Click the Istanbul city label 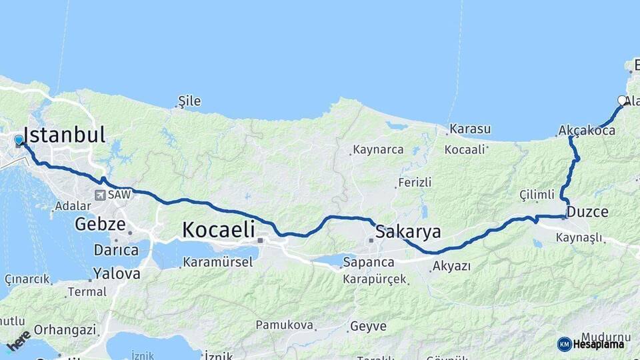(65, 135)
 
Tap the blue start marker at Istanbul (19, 141)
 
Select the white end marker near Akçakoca (622, 101)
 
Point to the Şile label (189, 101)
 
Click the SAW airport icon (101, 195)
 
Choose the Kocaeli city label (219, 230)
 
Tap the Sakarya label (408, 232)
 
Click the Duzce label (589, 213)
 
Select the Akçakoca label (587, 131)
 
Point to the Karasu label (470, 129)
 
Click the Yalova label (117, 273)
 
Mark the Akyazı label (452, 266)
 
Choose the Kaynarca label (379, 149)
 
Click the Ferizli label (415, 182)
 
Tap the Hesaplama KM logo (591, 344)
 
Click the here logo (19, 340)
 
